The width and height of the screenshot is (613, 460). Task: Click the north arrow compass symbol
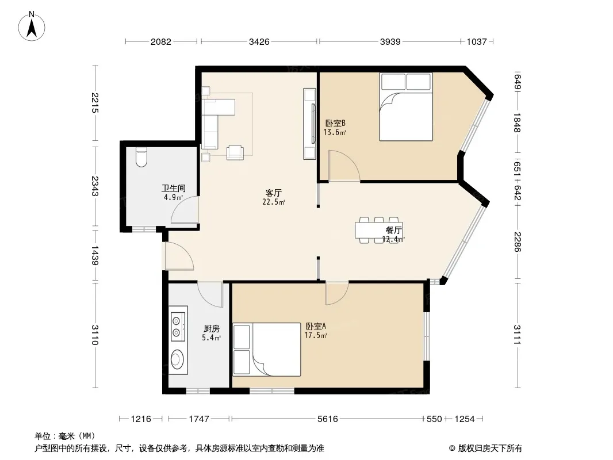pyautogui.click(x=32, y=26)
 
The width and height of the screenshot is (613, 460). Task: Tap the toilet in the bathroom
pyautogui.click(x=141, y=158)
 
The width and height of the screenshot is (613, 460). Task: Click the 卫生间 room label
pyautogui.click(x=174, y=189)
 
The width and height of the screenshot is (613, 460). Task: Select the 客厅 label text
pyautogui.click(x=273, y=193)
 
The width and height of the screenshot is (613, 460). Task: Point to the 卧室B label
pyautogui.click(x=335, y=124)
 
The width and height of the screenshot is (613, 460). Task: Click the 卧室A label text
pyautogui.click(x=316, y=327)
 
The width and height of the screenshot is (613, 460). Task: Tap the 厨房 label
pyautogui.click(x=212, y=329)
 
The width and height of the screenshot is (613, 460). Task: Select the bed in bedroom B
pyautogui.click(x=406, y=107)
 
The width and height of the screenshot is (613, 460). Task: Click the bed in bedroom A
pyautogui.click(x=267, y=350)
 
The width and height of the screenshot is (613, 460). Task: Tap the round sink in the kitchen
pyautogui.click(x=178, y=359)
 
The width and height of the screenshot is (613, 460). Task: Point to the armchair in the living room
pyautogui.click(x=235, y=152)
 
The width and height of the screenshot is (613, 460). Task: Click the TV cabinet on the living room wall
pyautogui.click(x=309, y=124)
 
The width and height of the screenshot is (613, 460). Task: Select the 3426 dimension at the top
pyautogui.click(x=259, y=41)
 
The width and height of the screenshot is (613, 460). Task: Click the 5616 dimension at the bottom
pyautogui.click(x=328, y=419)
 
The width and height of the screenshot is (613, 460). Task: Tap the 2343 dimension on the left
pyautogui.click(x=95, y=186)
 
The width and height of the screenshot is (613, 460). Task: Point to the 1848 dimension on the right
pyautogui.click(x=517, y=122)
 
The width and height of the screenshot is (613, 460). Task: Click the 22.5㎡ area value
pyautogui.click(x=274, y=202)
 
